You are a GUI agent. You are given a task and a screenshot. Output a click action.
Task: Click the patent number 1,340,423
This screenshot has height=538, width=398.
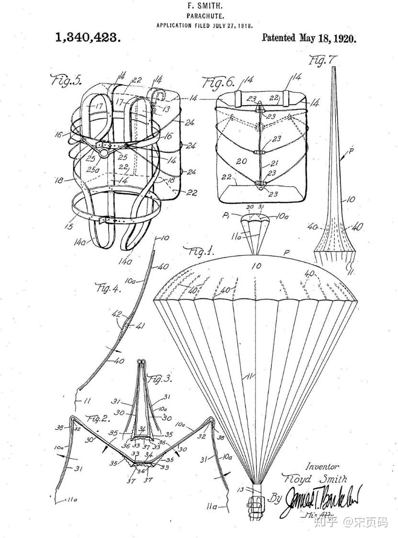click(x=88, y=38)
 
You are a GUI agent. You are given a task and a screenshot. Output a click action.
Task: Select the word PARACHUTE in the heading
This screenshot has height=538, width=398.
click(x=205, y=16)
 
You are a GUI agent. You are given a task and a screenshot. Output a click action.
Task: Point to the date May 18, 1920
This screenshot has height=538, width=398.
click(x=328, y=38)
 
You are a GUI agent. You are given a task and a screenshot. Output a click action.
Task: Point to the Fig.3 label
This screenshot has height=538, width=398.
click(x=158, y=379)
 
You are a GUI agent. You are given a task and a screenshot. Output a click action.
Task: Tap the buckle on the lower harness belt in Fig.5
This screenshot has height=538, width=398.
click(x=108, y=220)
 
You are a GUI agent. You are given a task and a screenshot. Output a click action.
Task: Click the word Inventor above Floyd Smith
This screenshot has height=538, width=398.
click(x=322, y=466)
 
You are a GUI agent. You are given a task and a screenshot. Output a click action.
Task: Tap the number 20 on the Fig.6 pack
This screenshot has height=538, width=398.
click(x=241, y=162)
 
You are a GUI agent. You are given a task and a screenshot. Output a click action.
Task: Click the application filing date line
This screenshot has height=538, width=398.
click(x=205, y=25)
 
